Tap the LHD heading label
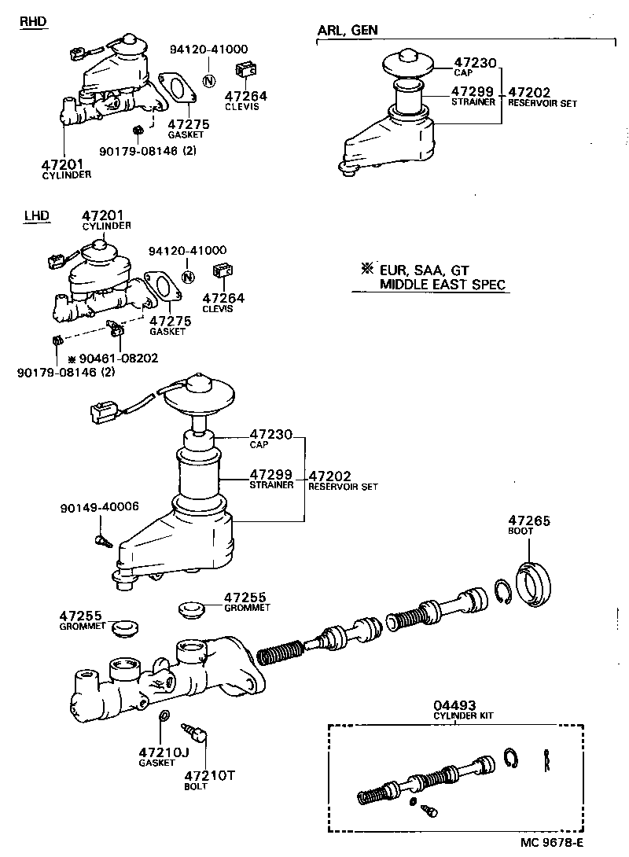[36, 215]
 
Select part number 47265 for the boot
[528, 520]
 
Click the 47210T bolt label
[208, 774]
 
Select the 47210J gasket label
[164, 752]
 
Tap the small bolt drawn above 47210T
[195, 734]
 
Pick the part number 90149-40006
[98, 506]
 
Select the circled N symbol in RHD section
[208, 80]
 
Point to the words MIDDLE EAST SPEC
[442, 285]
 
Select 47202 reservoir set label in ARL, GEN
[530, 91]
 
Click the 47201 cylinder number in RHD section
[62, 164]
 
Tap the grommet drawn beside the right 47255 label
[189, 608]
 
